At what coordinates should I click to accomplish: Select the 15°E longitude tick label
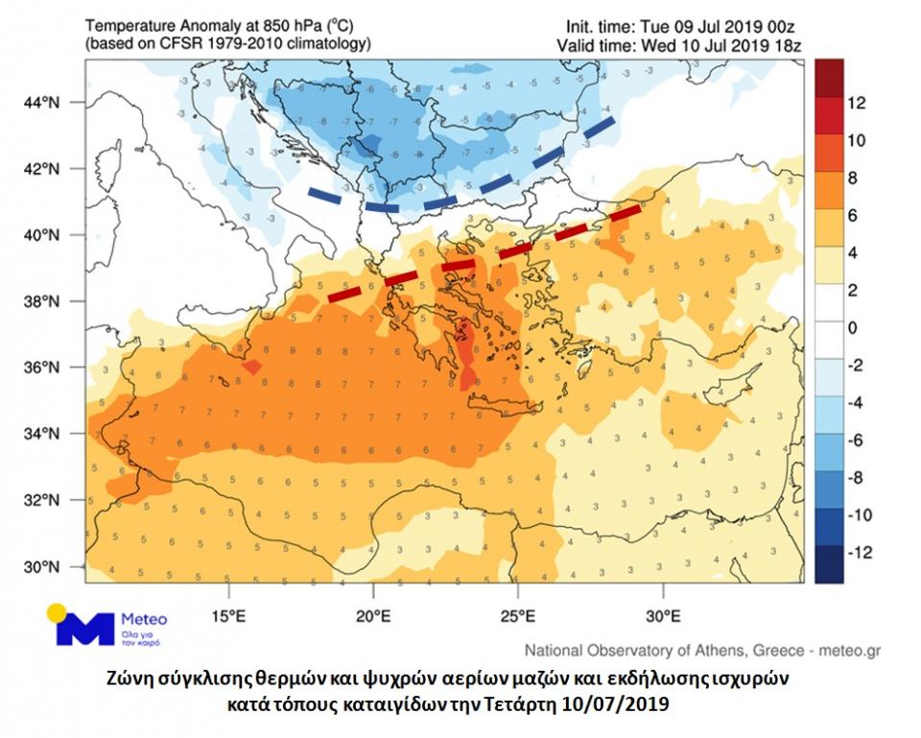pos(227,615)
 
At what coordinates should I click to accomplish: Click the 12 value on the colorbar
pos(858,103)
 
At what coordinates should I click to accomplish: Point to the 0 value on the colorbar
pos(853,328)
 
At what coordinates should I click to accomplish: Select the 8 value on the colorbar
pos(853,178)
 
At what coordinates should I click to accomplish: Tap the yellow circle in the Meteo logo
pos(58,612)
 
